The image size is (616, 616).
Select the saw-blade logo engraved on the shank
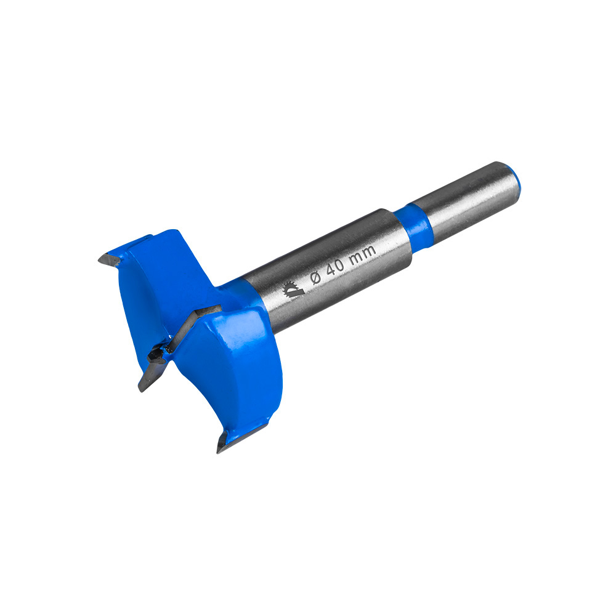click(x=293, y=290)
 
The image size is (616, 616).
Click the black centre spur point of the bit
click(x=157, y=354)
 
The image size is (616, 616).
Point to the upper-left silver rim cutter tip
click(x=108, y=260)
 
